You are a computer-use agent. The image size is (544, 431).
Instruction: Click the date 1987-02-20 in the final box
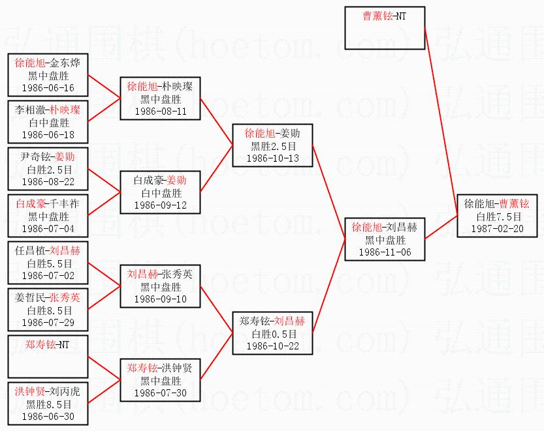click(x=497, y=229)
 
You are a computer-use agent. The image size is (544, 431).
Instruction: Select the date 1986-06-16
click(x=48, y=88)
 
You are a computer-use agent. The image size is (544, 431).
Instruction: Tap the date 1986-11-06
click(x=385, y=252)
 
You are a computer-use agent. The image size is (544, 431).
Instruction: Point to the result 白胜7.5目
click(x=499, y=216)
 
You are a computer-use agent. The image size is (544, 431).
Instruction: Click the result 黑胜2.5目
click(x=274, y=146)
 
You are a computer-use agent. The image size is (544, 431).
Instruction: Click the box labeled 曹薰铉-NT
click(x=385, y=28)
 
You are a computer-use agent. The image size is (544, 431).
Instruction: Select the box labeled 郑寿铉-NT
click(x=48, y=357)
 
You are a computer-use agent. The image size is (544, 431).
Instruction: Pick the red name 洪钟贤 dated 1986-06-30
click(x=30, y=391)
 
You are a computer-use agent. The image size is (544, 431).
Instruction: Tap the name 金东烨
click(x=65, y=63)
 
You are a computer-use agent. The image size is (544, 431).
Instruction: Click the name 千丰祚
click(x=64, y=203)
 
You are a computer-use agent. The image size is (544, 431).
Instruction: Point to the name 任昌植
click(x=30, y=250)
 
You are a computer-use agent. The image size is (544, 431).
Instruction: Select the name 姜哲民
click(x=30, y=297)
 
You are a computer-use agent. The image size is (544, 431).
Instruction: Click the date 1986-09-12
click(x=160, y=205)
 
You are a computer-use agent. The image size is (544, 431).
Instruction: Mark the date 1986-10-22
click(x=273, y=346)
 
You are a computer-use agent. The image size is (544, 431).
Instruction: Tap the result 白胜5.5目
click(x=49, y=263)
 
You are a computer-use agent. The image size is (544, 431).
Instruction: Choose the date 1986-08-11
click(x=160, y=111)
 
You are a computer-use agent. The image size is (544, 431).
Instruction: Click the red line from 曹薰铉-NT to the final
click(x=441, y=121)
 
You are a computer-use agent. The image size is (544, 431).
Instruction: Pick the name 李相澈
click(x=30, y=110)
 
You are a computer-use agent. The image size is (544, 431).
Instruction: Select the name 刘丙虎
click(x=65, y=391)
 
